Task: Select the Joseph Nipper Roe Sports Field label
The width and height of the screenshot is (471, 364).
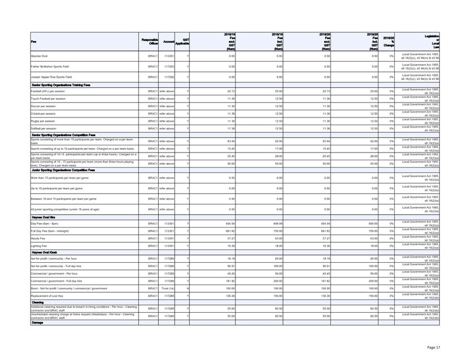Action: pos(52,77)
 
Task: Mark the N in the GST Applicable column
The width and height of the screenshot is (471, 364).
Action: pos(188,288)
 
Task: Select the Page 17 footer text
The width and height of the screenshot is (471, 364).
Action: pos(434,347)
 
